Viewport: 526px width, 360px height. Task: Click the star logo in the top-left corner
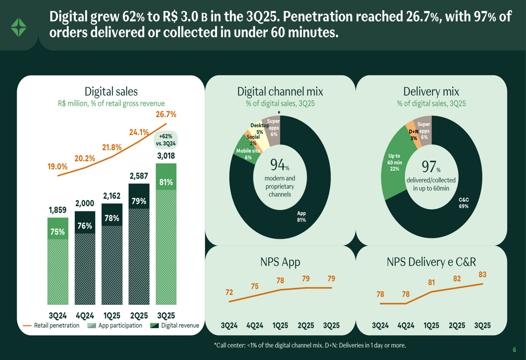click(19, 27)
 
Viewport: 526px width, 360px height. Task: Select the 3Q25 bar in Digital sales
click(166, 234)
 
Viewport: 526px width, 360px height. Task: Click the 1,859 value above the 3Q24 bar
click(57, 210)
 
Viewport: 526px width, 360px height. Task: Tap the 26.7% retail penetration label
click(166, 114)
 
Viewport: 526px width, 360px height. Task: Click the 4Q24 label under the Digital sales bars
click(85, 315)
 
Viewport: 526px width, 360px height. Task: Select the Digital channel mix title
click(280, 91)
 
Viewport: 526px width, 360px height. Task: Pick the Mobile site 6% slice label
click(248, 154)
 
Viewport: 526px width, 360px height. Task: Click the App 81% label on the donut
click(301, 217)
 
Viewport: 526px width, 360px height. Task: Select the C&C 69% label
click(463, 203)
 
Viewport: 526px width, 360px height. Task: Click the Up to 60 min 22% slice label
click(394, 162)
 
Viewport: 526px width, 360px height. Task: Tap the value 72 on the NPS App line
click(229, 292)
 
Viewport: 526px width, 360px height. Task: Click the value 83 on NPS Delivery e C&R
click(482, 274)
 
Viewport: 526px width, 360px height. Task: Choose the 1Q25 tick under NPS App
click(280, 325)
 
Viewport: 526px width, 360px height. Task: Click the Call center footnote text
click(310, 345)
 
